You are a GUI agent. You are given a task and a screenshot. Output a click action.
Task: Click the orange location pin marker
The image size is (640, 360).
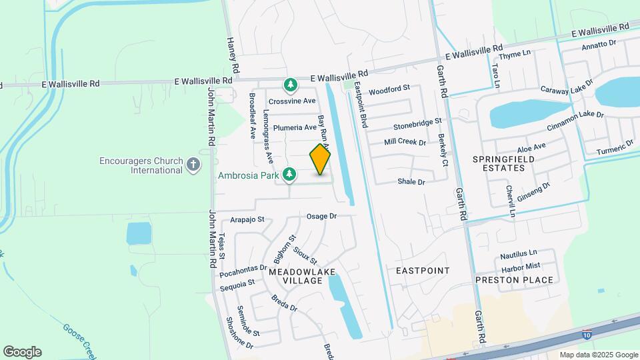click(x=321, y=159)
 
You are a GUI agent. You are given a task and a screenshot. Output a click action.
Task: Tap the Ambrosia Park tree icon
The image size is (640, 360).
click(x=289, y=175)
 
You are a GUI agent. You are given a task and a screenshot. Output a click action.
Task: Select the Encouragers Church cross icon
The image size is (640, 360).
click(x=193, y=165)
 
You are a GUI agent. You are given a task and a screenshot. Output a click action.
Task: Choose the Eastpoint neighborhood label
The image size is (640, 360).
click(x=423, y=270)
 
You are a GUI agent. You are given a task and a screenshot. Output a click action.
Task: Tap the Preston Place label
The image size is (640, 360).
click(x=514, y=280)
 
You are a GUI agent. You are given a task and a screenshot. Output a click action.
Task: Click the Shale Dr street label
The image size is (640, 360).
click(x=411, y=181)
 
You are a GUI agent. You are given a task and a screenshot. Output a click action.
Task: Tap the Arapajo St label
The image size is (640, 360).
click(x=247, y=219)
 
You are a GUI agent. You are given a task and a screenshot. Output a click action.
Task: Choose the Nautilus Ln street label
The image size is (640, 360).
click(x=518, y=253)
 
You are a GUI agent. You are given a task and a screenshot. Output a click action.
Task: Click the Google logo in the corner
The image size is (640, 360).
click(x=22, y=351)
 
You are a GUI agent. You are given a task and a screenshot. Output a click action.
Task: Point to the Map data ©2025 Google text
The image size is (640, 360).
click(x=599, y=355)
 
